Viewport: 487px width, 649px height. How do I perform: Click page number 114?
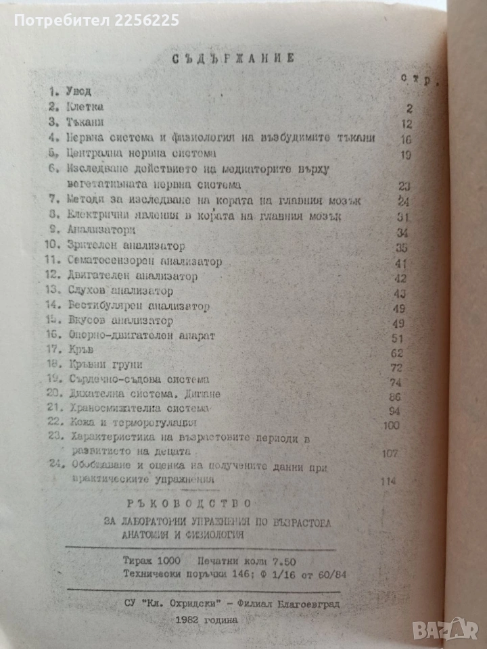[x=388, y=481]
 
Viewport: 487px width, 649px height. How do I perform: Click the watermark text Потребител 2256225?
[x=97, y=20]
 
